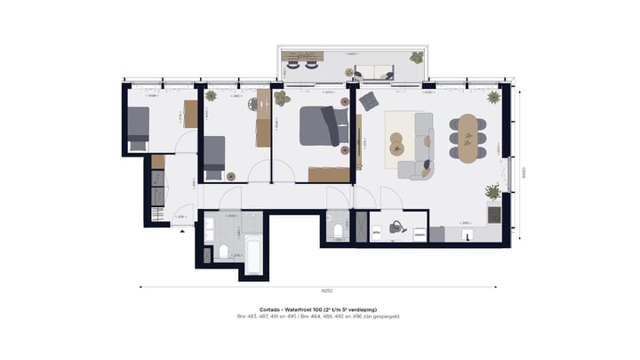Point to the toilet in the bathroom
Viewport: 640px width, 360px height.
223,252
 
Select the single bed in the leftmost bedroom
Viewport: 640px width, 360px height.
138,130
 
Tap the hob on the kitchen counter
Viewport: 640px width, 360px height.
495,215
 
